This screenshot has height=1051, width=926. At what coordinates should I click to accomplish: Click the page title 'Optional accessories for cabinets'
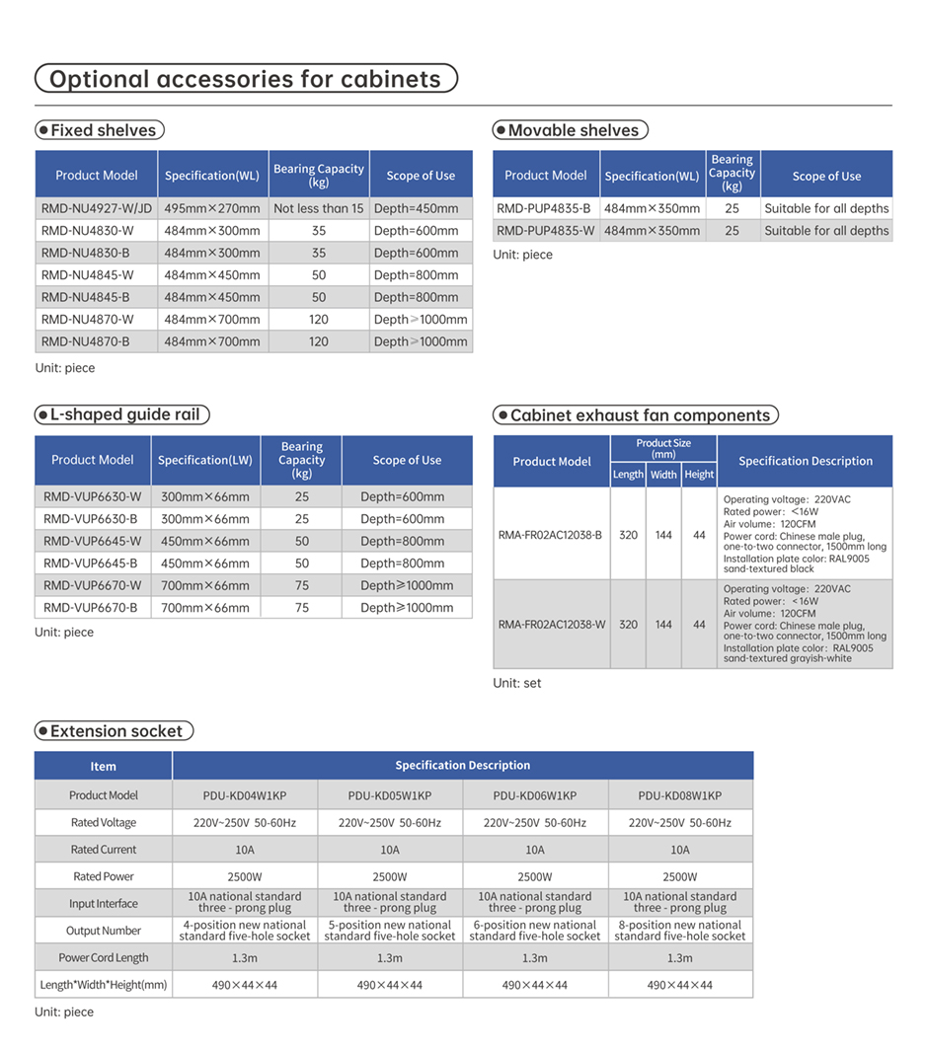(x=246, y=79)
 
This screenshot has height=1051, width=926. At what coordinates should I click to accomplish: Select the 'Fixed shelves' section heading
(x=100, y=130)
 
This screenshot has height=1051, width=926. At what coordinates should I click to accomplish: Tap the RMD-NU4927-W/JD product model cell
(x=97, y=208)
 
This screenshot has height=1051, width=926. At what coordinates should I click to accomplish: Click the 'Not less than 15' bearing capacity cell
(x=318, y=208)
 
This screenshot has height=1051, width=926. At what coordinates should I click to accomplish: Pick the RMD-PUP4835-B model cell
(x=544, y=208)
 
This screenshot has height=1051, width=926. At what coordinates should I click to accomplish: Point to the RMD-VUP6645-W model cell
(x=92, y=541)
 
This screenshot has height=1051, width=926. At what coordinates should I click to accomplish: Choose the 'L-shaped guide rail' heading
(x=122, y=414)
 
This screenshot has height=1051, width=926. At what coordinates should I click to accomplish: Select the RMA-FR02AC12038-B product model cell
(x=550, y=535)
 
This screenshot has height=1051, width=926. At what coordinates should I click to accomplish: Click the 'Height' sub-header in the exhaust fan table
(x=699, y=475)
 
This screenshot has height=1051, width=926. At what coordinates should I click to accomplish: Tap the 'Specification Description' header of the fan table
(x=805, y=461)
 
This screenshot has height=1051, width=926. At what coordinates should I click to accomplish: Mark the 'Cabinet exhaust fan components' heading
(x=637, y=415)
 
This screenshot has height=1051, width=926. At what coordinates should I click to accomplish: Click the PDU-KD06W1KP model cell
(x=534, y=795)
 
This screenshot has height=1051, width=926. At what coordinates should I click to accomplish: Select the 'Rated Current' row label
(x=104, y=850)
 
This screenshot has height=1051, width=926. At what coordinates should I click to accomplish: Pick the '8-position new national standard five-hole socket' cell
(x=679, y=931)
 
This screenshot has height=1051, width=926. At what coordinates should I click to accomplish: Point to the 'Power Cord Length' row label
(x=104, y=957)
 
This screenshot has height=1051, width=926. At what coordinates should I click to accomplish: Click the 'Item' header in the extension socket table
(x=104, y=766)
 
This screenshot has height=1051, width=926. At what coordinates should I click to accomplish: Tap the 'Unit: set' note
(x=517, y=683)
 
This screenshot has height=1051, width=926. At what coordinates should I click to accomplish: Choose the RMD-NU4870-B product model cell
(x=85, y=341)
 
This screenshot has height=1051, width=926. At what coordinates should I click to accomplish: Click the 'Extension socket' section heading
(x=115, y=731)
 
